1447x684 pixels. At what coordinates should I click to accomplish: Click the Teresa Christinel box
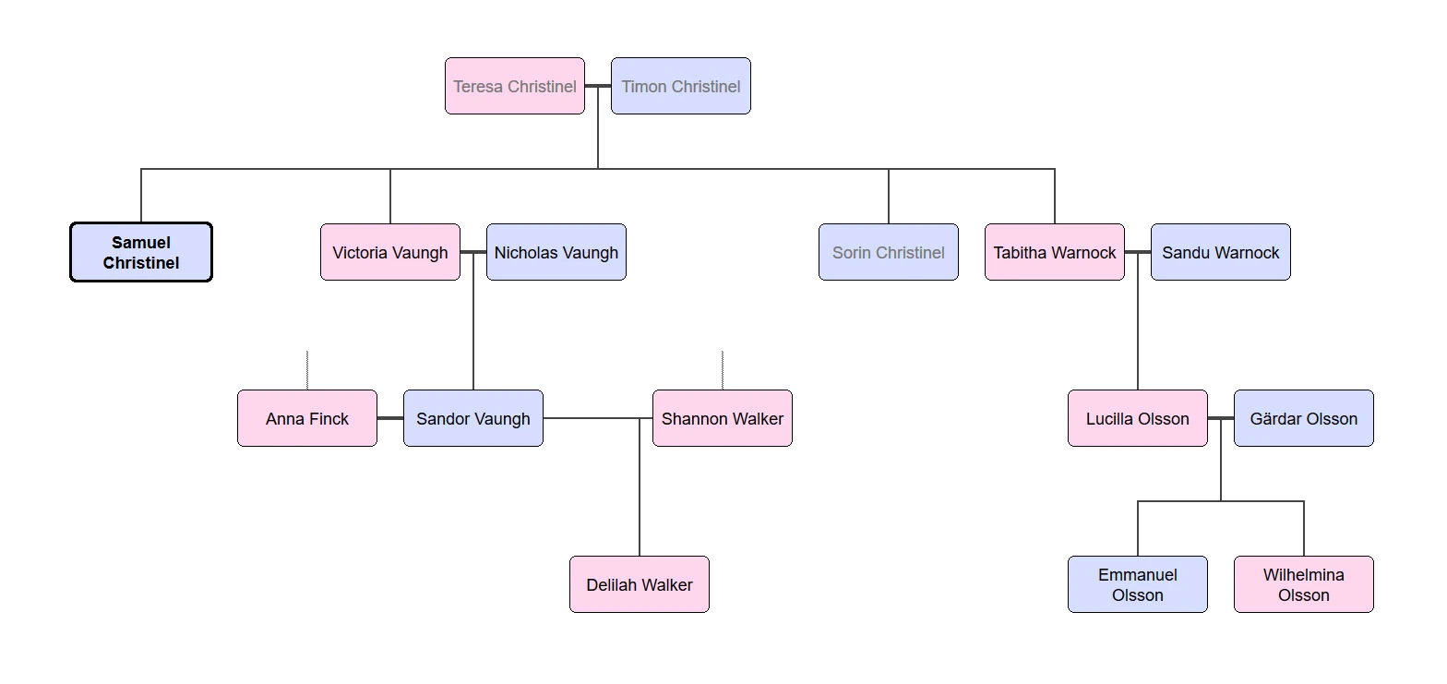pos(514,86)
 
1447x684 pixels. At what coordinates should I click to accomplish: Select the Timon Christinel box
pos(680,86)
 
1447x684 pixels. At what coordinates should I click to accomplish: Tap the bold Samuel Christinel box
pos(141,252)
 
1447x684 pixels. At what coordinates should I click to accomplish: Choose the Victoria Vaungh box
pos(389,252)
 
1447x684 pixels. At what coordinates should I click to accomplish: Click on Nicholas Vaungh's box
pos(556,252)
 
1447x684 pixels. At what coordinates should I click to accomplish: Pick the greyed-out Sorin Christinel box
pos(888,252)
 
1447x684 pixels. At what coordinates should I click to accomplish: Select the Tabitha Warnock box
pos(1054,252)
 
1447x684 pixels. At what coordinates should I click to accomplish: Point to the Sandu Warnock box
pos(1220,252)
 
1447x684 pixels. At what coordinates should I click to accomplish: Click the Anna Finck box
pos(306,418)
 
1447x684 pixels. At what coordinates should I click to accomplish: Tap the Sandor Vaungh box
pos(472,418)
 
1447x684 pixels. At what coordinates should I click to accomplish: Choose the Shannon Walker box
pos(722,418)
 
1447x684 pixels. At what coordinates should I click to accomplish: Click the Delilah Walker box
pos(639,584)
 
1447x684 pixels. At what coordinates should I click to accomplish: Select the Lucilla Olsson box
pos(1137,418)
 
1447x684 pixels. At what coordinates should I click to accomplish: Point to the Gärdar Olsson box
pos(1303,418)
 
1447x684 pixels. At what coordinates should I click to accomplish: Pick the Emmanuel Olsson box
pos(1137,584)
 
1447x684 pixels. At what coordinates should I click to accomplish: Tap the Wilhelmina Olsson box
pos(1303,584)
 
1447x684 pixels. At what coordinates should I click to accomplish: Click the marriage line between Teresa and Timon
pos(598,86)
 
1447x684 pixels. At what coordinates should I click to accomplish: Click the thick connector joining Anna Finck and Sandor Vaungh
pos(390,418)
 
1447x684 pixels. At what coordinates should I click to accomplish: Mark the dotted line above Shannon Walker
pos(722,370)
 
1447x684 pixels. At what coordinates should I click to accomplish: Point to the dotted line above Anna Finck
pos(306,370)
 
